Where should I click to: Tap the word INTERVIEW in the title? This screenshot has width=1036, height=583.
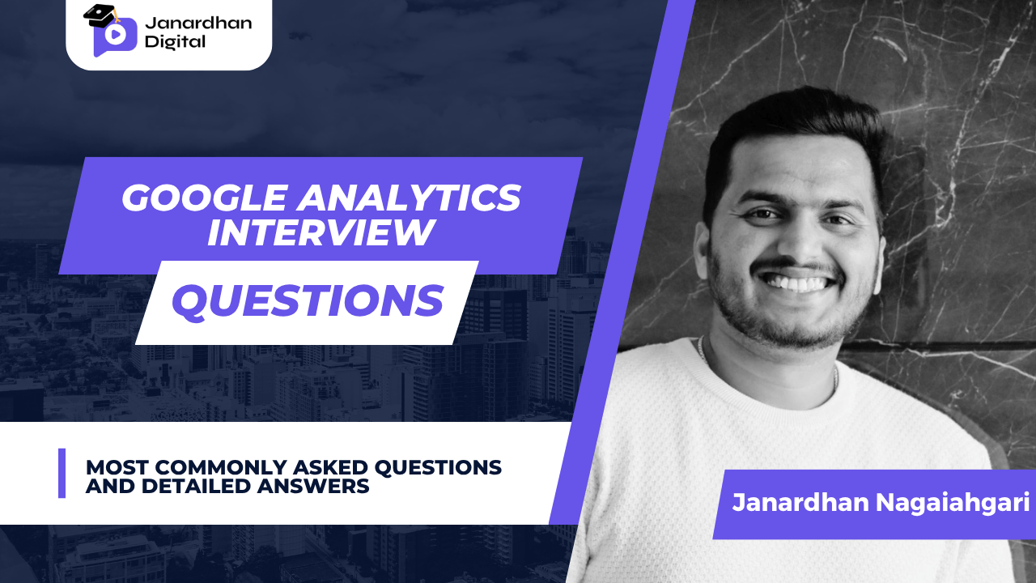click(x=320, y=233)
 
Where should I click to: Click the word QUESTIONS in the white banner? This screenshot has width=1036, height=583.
click(x=307, y=301)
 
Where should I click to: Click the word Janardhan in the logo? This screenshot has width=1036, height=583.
click(x=197, y=22)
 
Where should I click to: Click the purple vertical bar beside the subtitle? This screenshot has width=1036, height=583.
click(x=62, y=473)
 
